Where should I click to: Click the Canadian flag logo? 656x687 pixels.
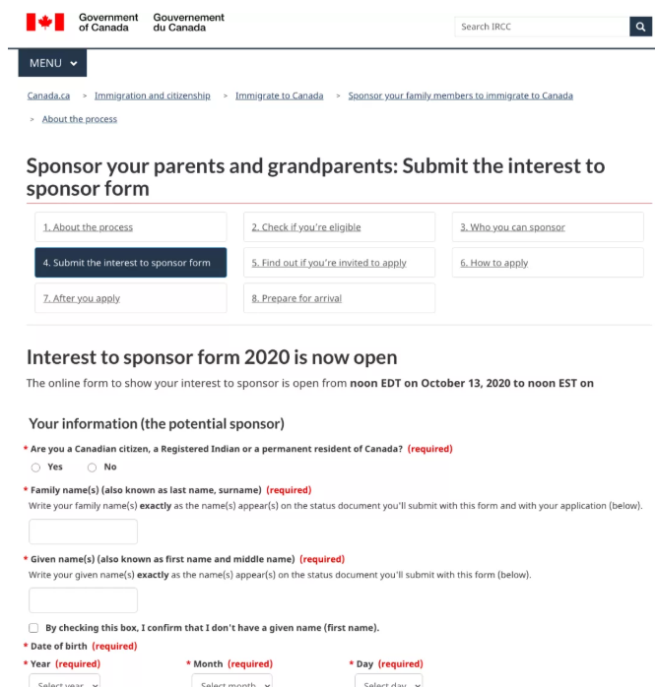pos(44,22)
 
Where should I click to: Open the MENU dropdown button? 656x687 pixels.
pos(52,63)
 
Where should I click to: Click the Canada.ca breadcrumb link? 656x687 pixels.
pos(48,95)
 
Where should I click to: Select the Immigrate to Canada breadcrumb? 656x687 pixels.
pos(279,95)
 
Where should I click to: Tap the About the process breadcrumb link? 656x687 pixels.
pos(79,119)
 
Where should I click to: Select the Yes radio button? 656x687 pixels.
pos(36,468)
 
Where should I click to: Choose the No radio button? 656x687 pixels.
pos(92,468)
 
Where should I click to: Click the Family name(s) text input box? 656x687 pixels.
pos(83,531)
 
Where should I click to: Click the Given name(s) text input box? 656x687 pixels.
pos(83,600)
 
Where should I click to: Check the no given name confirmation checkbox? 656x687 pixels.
pos(34,628)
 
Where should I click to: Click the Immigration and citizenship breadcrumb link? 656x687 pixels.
pos(152,95)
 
